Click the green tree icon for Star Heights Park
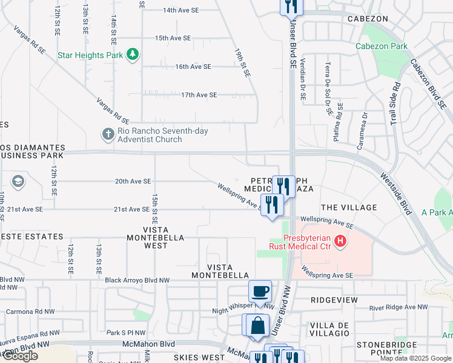(133, 55)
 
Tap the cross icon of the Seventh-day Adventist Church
(108, 134)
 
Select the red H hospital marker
(340, 242)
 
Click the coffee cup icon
(260, 291)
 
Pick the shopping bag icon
(257, 325)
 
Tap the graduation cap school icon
(18, 181)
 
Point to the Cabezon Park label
(382, 46)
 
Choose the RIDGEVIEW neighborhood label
(331, 299)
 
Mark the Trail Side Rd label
(393, 103)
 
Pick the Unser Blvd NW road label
(282, 314)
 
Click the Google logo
(19, 356)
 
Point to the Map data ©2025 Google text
(415, 358)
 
